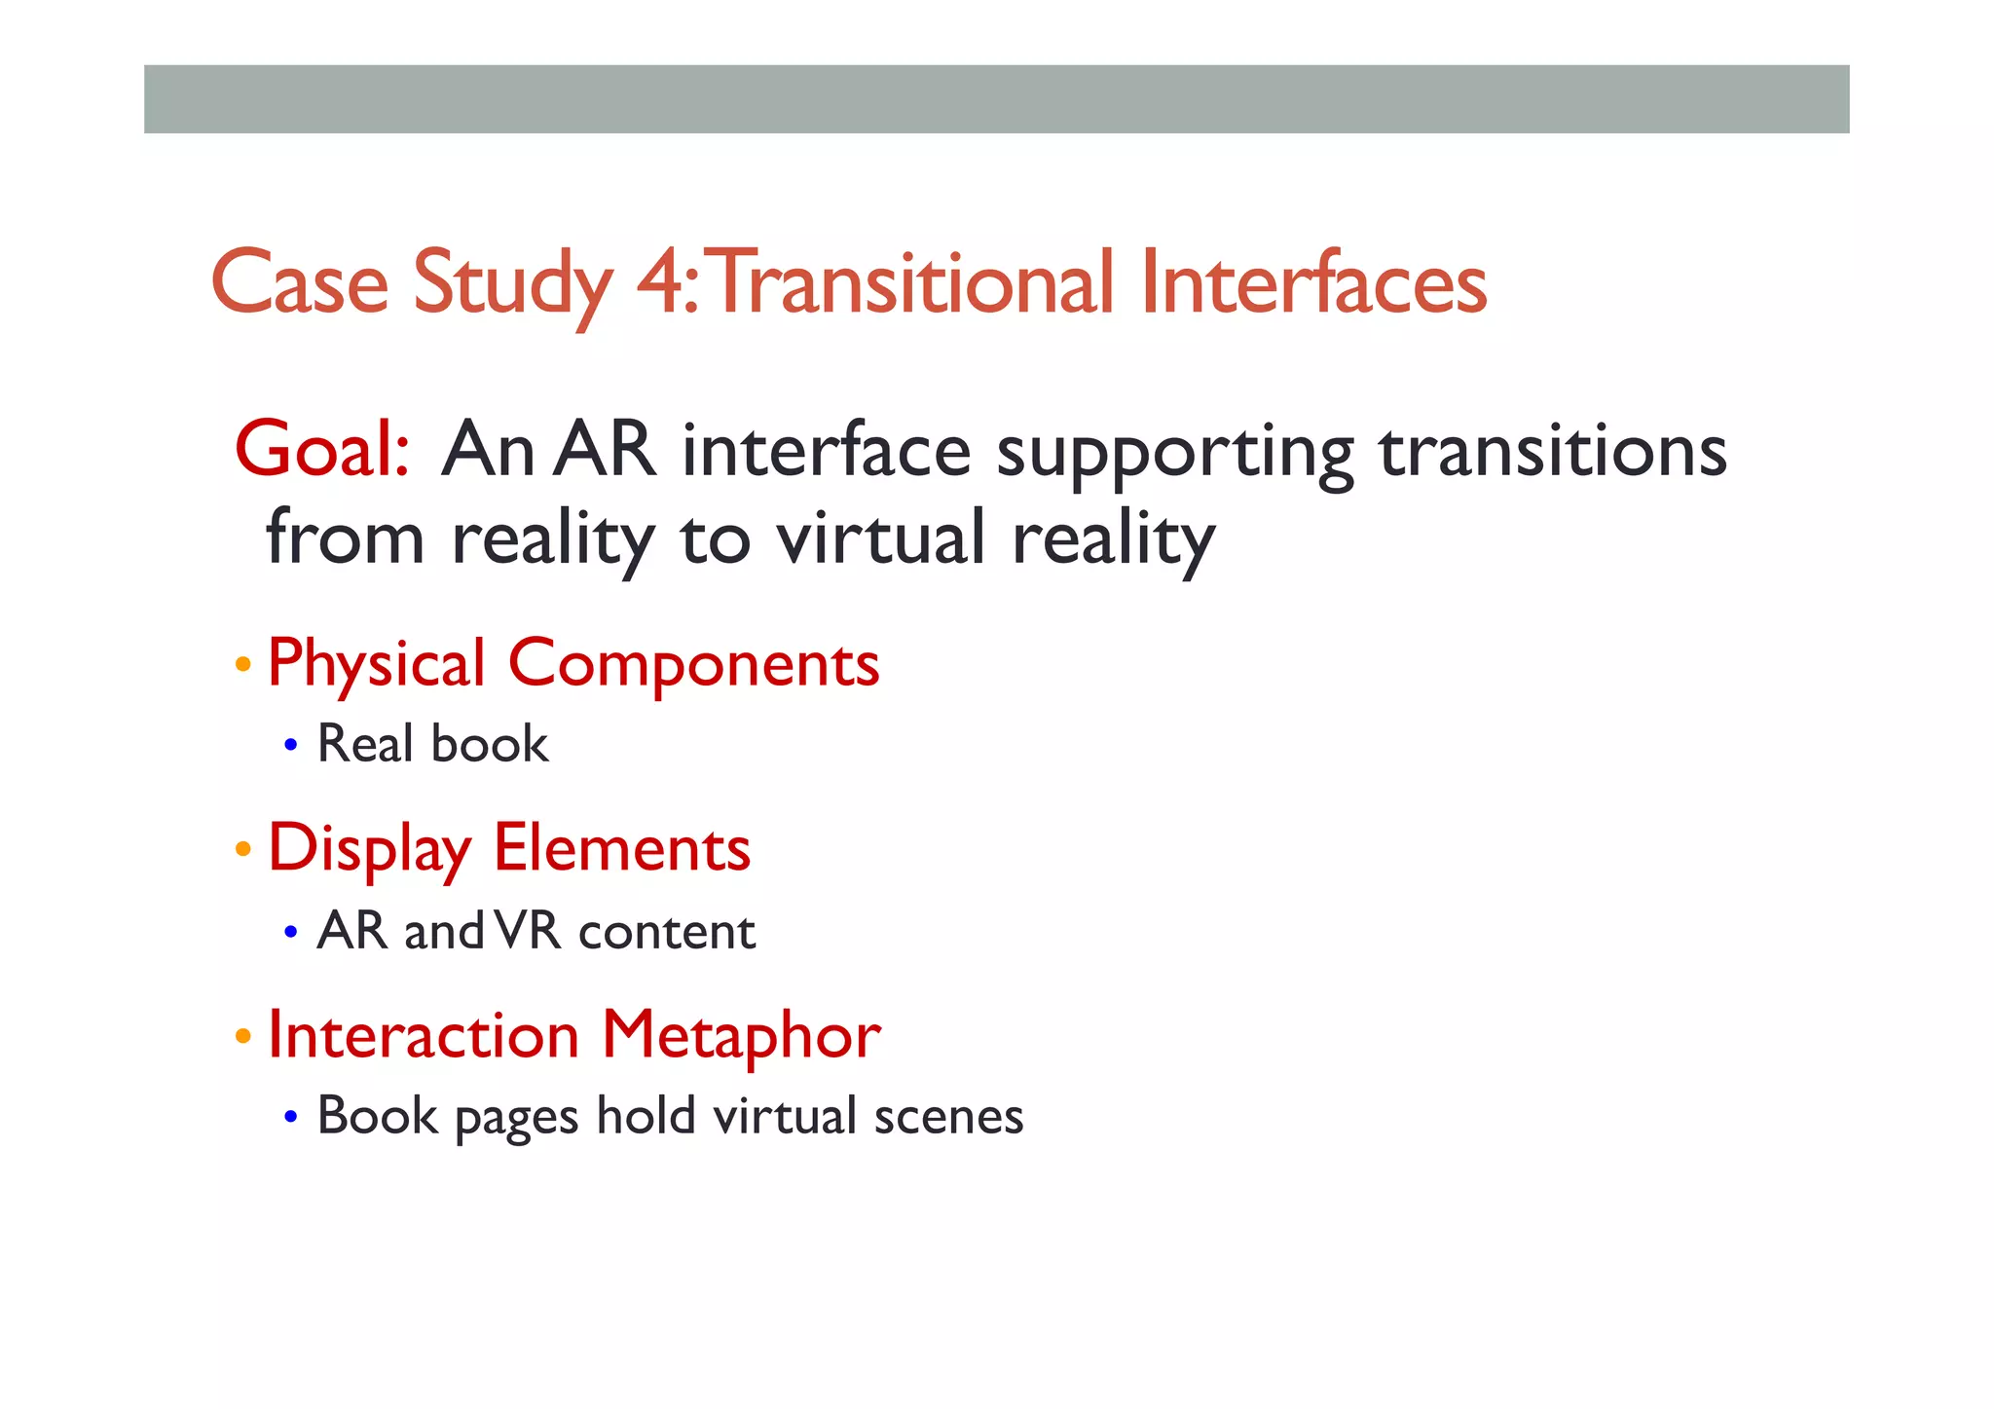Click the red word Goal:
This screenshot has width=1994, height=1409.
pyautogui.click(x=322, y=450)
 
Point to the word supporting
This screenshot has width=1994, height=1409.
pyautogui.click(x=1174, y=452)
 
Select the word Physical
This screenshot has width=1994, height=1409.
pyautogui.click(x=376, y=665)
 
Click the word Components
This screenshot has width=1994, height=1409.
pyautogui.click(x=693, y=665)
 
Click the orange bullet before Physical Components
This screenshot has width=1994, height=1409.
pyautogui.click(x=243, y=666)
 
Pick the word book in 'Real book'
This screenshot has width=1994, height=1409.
pyautogui.click(x=490, y=744)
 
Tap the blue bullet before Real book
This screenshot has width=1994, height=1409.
pyautogui.click(x=290, y=747)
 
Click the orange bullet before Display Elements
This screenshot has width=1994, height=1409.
pyautogui.click(x=243, y=850)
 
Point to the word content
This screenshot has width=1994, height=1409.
pyautogui.click(x=667, y=932)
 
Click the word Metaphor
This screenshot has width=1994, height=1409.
pyautogui.click(x=740, y=1035)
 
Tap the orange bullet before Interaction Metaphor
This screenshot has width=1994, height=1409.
pyautogui.click(x=243, y=1036)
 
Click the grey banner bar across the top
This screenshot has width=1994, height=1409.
pyautogui.click(x=996, y=99)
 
